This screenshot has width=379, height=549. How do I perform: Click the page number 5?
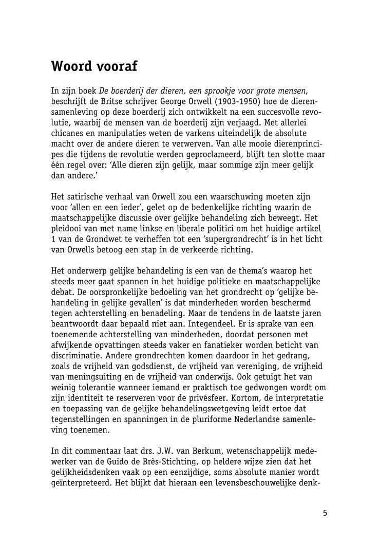point(325,513)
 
